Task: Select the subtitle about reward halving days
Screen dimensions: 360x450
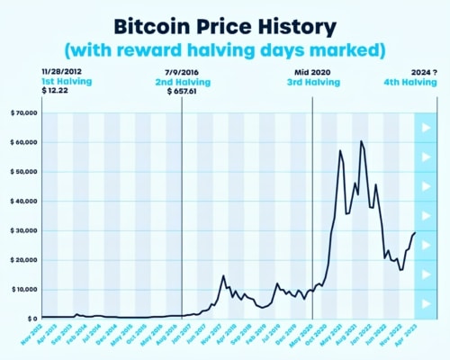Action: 225,46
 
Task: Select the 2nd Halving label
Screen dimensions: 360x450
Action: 184,80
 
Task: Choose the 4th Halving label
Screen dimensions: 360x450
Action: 406,80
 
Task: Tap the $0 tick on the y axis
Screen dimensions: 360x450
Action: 31,319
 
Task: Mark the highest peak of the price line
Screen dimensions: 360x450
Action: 361,141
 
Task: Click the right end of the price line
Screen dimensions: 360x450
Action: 415,233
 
